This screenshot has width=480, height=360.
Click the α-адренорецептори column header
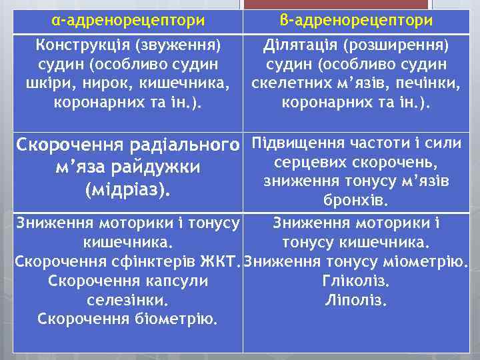point(128,20)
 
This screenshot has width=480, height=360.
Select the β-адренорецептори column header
point(357,20)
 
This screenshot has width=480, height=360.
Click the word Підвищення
point(292,143)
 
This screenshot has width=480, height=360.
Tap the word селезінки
point(128,300)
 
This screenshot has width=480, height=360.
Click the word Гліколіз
point(356,281)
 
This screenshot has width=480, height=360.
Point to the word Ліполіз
point(356,300)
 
